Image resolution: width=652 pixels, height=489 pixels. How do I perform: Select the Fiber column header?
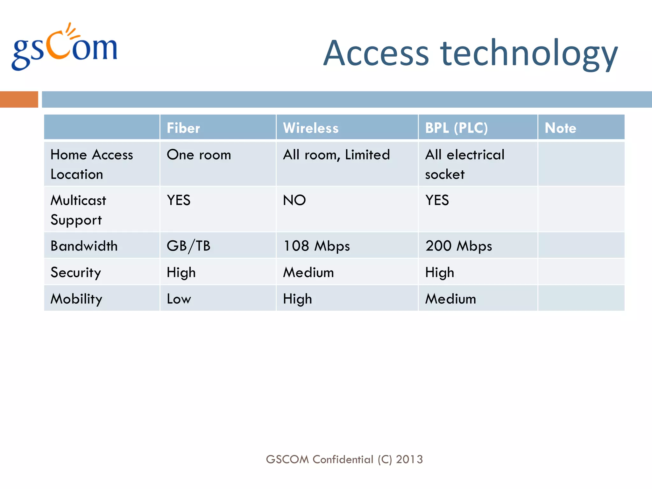pos(183,128)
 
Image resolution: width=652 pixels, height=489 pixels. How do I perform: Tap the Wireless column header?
pos(311,128)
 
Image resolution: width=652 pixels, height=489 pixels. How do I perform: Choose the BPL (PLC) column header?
pos(456,128)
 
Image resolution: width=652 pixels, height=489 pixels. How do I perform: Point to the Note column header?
pos(560,128)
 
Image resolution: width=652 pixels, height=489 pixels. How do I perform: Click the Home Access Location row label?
pos(92,164)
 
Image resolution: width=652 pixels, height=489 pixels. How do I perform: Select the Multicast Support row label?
pos(78,210)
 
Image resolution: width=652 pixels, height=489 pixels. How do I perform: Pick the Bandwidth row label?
pos(84,246)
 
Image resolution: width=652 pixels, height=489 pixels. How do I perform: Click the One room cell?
pos(199,155)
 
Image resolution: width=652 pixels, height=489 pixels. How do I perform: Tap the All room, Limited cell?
pos(336,155)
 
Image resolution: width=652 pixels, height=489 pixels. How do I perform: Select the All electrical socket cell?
pos(464,164)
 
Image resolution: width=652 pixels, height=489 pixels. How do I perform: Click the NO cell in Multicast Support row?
pos(294,201)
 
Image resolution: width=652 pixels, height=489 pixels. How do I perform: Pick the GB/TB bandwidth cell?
pos(188,246)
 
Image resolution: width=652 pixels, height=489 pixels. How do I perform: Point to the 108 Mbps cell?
pos(316,246)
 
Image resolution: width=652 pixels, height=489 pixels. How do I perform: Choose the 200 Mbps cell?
pos(459,246)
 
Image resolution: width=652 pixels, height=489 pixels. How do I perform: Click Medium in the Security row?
pos(308,273)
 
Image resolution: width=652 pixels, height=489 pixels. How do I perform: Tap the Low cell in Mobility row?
pos(179,299)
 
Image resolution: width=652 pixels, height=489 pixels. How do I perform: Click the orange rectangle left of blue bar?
pos(19,99)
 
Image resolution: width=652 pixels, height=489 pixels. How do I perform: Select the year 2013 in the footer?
pos(409,459)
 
